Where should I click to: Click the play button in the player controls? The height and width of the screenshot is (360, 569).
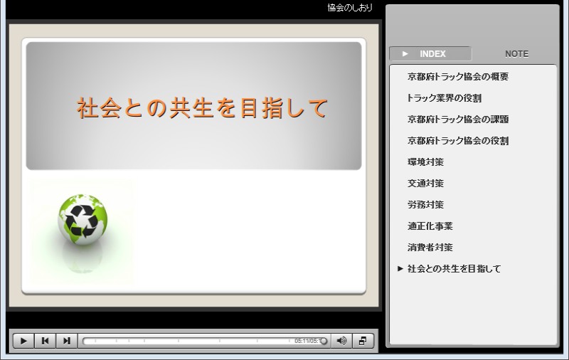tap(23, 341)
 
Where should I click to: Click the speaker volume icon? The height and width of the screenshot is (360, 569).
tap(341, 341)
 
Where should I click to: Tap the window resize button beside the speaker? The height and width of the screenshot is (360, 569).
tap(362, 341)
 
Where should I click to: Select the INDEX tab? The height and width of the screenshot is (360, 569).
tap(430, 53)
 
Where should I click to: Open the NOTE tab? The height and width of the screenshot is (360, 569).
tap(516, 53)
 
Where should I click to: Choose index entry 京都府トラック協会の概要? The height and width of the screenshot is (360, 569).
tap(457, 77)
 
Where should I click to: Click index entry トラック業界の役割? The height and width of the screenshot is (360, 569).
tap(444, 98)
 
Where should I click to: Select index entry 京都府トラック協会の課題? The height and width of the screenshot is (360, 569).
tap(457, 120)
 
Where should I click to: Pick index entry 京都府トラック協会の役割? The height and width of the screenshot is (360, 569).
tap(457, 141)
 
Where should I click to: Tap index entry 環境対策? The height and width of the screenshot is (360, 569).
tap(425, 162)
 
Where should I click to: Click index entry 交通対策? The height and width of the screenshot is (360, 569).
tap(425, 184)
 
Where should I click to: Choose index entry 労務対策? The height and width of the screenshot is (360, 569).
tap(425, 205)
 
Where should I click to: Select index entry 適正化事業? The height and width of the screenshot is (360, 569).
tap(430, 226)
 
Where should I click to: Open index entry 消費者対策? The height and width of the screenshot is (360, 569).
tap(430, 248)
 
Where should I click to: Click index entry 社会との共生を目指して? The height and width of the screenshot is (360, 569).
tap(454, 269)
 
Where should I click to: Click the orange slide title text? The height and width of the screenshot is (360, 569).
tap(202, 108)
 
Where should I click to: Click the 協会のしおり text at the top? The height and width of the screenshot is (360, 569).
tap(349, 8)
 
